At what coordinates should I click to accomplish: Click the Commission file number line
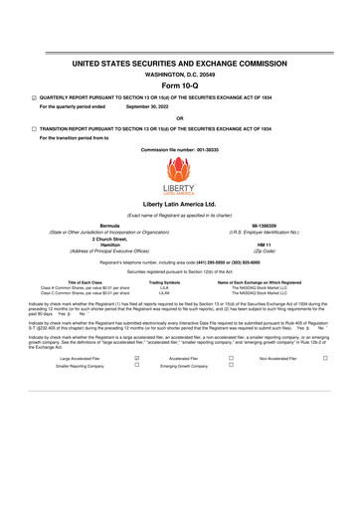pos(179,149)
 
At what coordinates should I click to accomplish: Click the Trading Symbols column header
pos(164,282)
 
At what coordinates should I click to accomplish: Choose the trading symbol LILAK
pos(164,294)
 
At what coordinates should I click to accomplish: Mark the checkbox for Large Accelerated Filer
pos(135,357)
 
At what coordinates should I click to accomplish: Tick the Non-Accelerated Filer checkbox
pos(338,357)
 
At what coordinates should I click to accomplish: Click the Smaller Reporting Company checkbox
pos(135,366)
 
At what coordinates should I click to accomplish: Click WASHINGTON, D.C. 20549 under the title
pos(179,74)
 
